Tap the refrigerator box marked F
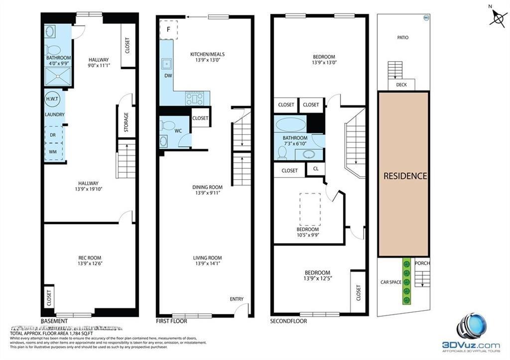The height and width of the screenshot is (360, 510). (168, 29)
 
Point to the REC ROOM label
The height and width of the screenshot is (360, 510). (90, 257)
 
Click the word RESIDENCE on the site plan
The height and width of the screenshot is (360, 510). (405, 176)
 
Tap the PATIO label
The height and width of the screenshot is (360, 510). (403, 37)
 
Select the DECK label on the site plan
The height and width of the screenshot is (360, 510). (401, 85)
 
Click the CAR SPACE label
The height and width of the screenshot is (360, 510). (391, 282)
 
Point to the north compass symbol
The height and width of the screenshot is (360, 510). (498, 19)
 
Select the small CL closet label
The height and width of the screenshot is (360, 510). (316, 169)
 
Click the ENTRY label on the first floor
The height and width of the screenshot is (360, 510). (237, 299)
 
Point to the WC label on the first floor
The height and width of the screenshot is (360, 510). (178, 131)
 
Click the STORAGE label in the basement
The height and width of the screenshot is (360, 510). (126, 121)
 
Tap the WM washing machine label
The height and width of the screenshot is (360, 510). (52, 151)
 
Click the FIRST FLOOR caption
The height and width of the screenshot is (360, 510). (172, 321)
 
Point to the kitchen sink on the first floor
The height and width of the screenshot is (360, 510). (166, 64)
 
